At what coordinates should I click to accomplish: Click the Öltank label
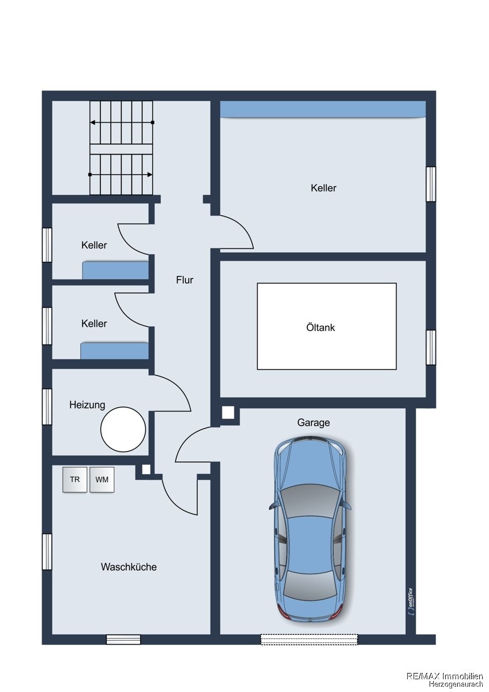point(321,327)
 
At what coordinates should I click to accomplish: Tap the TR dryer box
point(74,479)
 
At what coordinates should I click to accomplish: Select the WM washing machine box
point(102,479)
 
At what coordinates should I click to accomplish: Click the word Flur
point(185,280)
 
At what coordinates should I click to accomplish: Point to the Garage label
point(313,422)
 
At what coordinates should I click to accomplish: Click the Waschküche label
point(129,567)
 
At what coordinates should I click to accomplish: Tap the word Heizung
point(87,405)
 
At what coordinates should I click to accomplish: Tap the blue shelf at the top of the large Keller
point(323,109)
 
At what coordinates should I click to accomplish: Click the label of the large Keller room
point(324,188)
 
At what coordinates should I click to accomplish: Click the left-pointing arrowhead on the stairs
point(92,122)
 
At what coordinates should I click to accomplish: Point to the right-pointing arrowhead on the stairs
point(150,175)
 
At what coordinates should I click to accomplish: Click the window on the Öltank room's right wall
point(431,347)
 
